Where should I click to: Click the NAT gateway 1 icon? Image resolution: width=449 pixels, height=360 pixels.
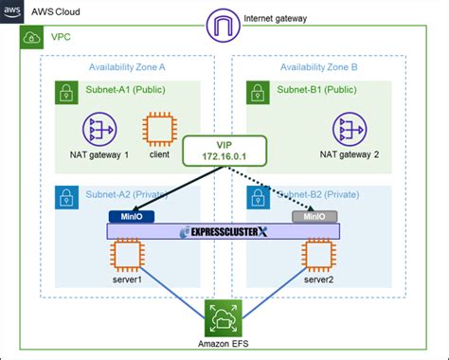point(99,130)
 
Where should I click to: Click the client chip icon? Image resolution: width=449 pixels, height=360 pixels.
point(157,130)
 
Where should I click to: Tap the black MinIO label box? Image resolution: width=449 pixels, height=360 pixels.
point(126,215)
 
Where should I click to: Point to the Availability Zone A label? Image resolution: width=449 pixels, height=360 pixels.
point(128,67)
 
